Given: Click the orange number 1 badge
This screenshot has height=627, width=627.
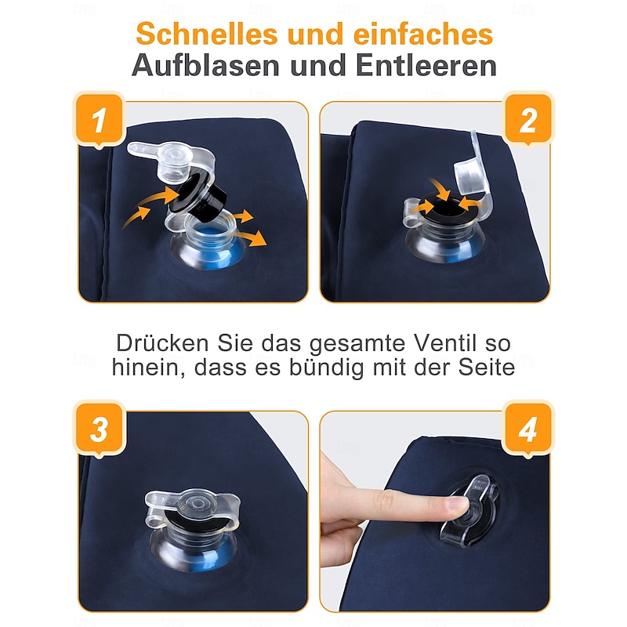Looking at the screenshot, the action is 100,121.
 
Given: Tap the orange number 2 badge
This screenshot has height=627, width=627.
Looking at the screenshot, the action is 527,120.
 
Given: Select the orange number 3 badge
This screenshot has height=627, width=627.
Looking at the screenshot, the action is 100,429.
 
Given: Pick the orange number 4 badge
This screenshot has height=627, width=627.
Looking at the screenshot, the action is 527,429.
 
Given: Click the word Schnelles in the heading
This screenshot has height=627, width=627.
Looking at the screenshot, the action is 207,34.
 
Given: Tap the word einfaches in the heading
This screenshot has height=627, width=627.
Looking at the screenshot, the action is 423,34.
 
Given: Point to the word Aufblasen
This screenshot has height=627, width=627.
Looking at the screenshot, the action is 205,65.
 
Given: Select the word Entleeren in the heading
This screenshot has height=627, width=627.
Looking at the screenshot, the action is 426,65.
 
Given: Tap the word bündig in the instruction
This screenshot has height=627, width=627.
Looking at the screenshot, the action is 326,368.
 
